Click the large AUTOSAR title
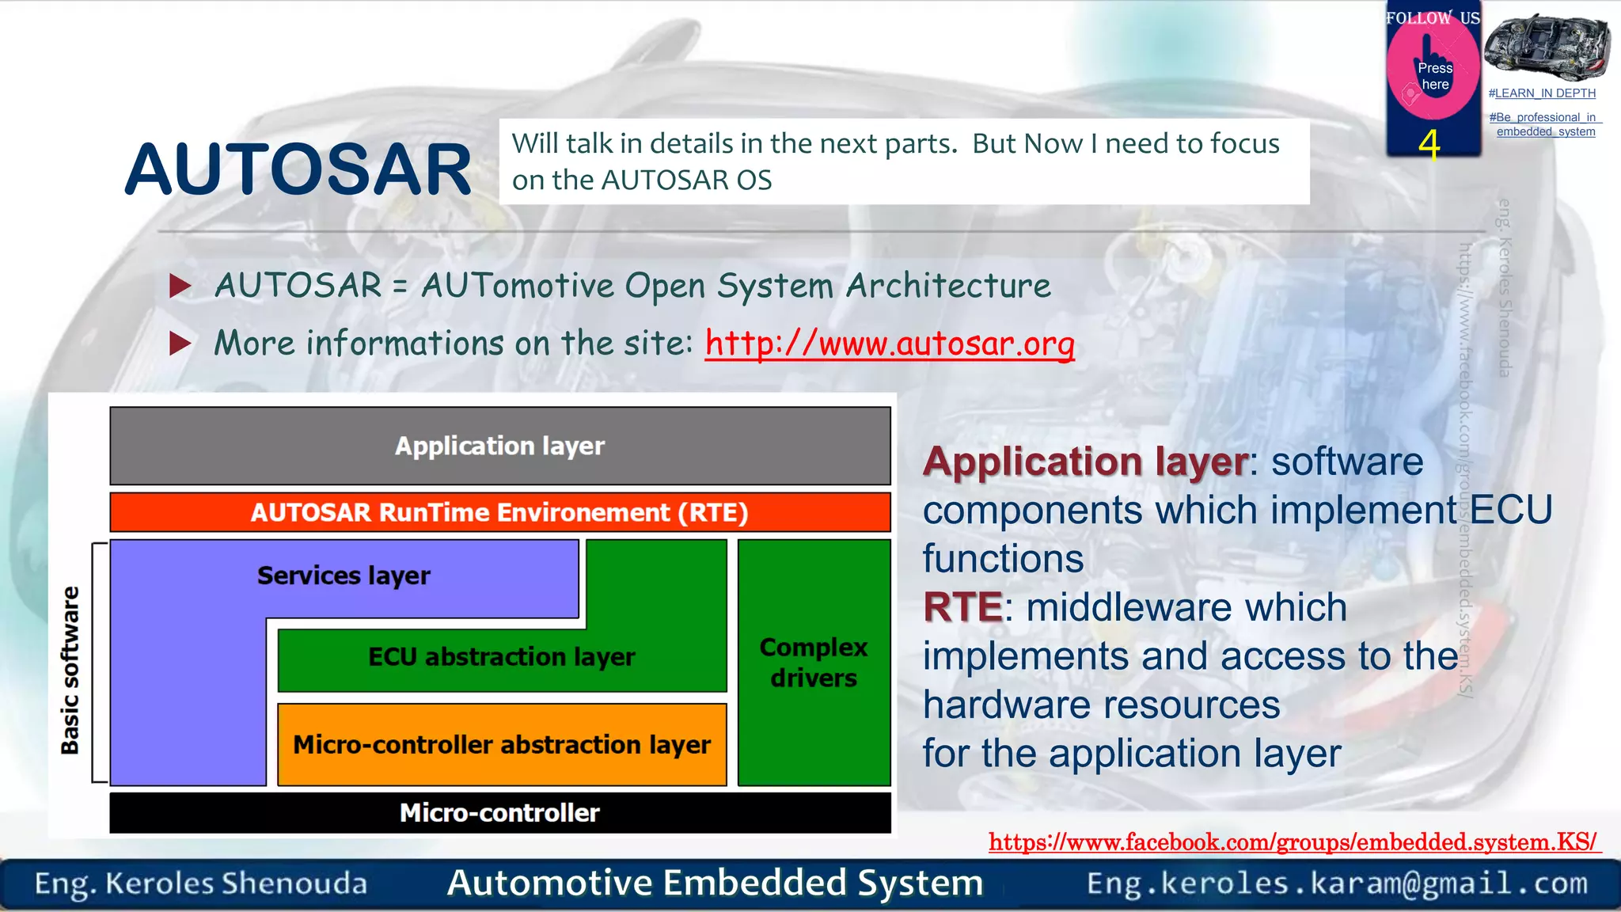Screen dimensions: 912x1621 [x=298, y=169]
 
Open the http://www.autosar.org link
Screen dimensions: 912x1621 [x=889, y=344]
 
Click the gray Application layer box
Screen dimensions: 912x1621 [x=499, y=446]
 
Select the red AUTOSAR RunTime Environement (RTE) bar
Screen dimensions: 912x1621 [x=499, y=512]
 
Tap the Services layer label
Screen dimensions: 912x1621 [x=344, y=576]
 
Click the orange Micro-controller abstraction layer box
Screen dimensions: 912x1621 [x=502, y=745]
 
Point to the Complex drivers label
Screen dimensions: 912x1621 [x=814, y=663]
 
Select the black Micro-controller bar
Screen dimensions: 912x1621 [x=499, y=813]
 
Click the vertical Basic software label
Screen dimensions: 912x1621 [x=70, y=670]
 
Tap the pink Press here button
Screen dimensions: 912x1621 [x=1433, y=75]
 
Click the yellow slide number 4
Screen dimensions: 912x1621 [x=1429, y=144]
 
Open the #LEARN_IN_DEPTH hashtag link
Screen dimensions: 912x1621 [x=1542, y=93]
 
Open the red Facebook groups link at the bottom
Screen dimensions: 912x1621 [x=1293, y=842]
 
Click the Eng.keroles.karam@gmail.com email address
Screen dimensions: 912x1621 [x=1337, y=883]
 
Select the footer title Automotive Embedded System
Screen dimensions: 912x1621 [x=715, y=883]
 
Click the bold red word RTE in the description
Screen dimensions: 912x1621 [x=962, y=608]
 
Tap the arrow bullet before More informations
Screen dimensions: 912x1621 [x=180, y=344]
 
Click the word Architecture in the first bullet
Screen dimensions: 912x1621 [x=948, y=286]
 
